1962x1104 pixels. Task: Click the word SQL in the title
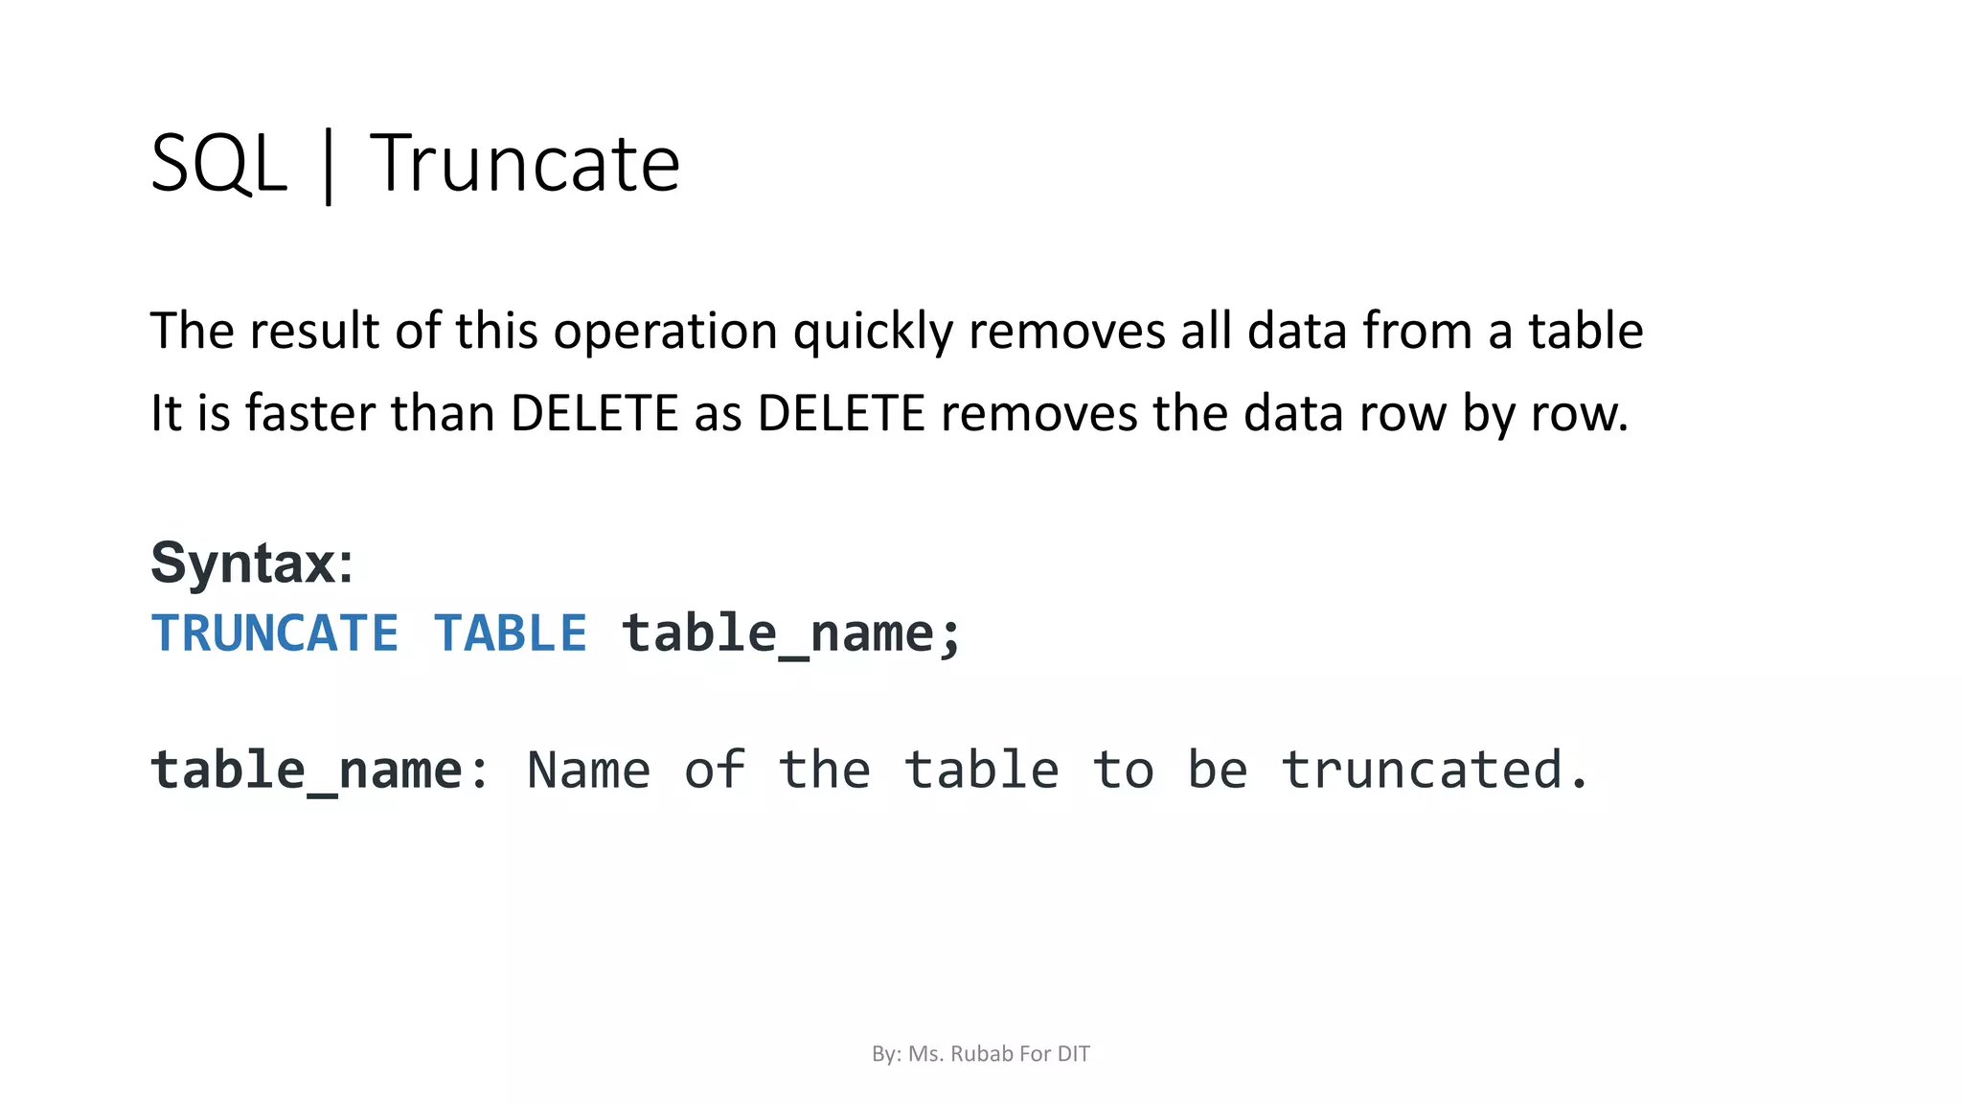[x=218, y=164]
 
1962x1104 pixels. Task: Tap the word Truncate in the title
[x=524, y=164]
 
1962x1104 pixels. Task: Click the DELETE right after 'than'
[x=594, y=414]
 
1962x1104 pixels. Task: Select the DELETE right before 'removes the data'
[x=841, y=414]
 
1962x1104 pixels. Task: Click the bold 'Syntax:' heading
[x=252, y=563]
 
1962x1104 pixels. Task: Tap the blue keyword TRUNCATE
[x=275, y=633]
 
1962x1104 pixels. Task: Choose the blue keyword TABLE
[x=510, y=633]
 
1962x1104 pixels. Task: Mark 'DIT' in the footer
[x=1073, y=1054]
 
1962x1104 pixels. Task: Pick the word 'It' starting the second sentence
[x=166, y=414]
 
